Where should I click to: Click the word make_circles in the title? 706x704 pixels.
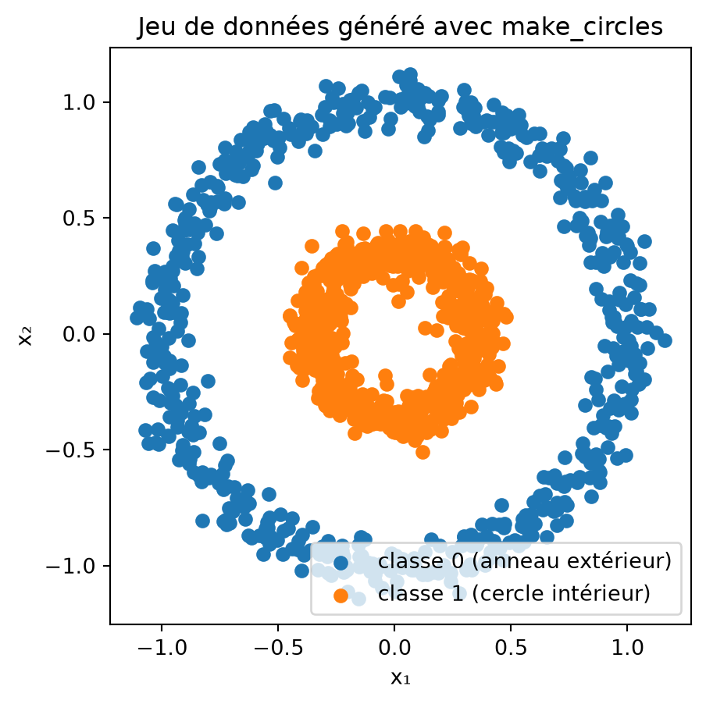click(x=582, y=27)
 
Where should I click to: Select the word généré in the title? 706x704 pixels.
click(x=381, y=28)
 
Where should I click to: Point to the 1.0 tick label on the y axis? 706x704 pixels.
click(x=79, y=102)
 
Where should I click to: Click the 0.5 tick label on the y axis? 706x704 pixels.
click(x=79, y=219)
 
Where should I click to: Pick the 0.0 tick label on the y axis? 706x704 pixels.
click(x=79, y=334)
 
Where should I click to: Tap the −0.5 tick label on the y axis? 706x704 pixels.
click(x=71, y=450)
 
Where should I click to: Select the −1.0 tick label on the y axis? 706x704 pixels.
click(x=71, y=566)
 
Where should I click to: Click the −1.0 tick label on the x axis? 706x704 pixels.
click(x=162, y=648)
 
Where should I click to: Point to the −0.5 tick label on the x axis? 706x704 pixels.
click(x=278, y=648)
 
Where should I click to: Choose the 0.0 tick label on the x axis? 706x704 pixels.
click(x=394, y=648)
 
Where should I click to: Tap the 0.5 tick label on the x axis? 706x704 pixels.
click(x=511, y=648)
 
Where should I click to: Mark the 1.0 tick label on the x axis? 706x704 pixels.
click(x=627, y=648)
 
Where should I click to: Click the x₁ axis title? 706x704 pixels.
click(x=401, y=677)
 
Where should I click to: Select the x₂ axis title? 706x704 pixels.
click(x=25, y=336)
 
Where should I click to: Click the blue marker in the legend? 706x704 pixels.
click(x=341, y=563)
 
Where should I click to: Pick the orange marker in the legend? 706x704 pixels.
click(x=341, y=596)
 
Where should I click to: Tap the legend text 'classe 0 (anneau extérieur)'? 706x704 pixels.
click(x=525, y=561)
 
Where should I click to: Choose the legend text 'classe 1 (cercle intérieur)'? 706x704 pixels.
click(x=514, y=594)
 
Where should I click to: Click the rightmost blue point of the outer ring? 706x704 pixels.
click(x=665, y=341)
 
